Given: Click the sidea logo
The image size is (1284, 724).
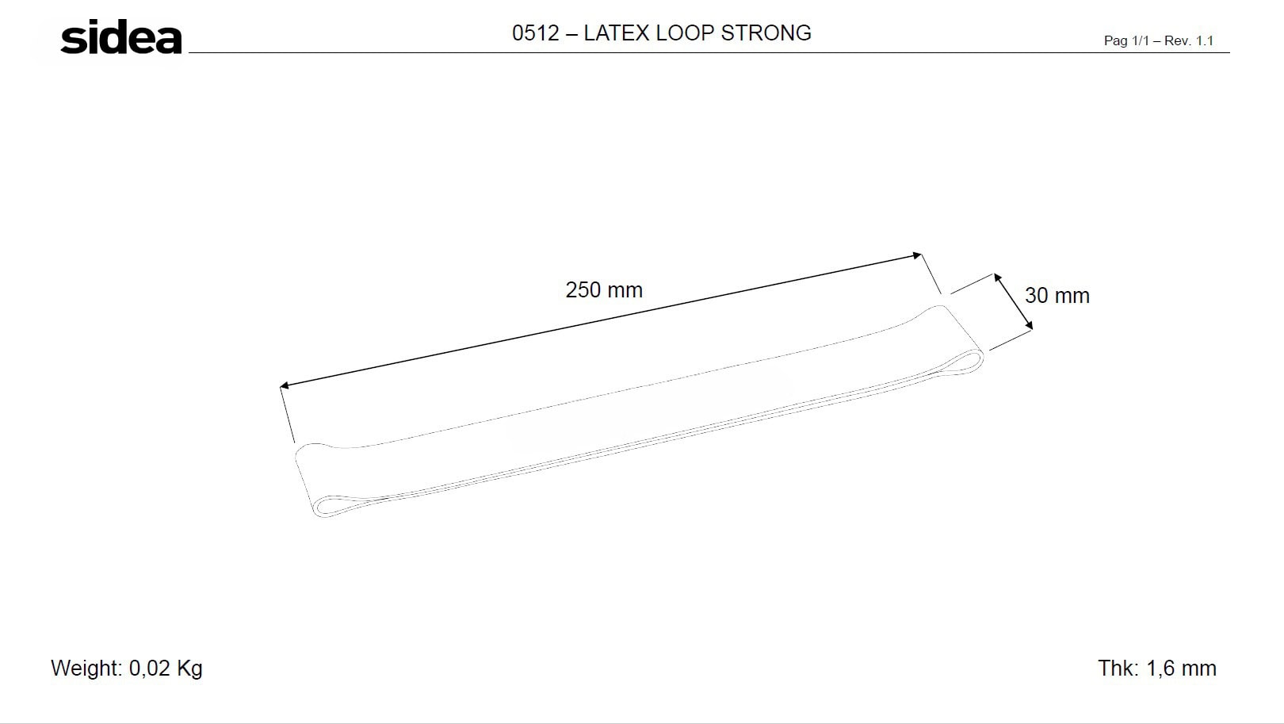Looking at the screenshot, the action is point(121,38).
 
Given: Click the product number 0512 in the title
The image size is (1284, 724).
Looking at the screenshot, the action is point(535,33).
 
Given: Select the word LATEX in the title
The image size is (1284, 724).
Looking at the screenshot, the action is point(616,33).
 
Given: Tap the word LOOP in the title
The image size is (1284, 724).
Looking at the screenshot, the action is point(685,33).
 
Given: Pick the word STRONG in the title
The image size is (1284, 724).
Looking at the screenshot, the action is point(766,33).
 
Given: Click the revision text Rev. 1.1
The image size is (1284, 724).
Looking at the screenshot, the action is point(1188,40).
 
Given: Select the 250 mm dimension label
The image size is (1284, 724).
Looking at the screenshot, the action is point(604,290).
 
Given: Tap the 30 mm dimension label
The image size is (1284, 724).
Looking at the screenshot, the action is point(1057,296).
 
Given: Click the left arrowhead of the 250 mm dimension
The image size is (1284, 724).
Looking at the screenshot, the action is point(283,385).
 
